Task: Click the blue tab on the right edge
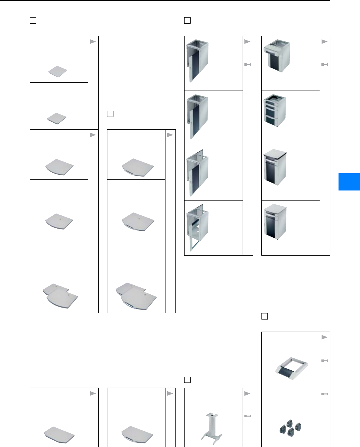coord(349,182)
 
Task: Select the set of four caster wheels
coord(290,427)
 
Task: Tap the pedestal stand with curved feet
coord(212,427)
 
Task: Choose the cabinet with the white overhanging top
coord(275,167)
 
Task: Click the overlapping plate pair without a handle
coord(60,295)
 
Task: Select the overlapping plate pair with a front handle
coord(136,296)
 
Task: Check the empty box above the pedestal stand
coord(187,380)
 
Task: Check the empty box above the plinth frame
coord(264,316)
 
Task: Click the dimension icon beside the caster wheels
coord(325,394)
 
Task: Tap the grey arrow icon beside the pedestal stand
coord(247,393)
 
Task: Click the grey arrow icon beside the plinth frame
coord(325,337)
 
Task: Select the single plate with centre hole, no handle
coord(59,221)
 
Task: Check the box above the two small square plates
coord(33,21)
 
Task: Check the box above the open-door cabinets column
coord(187,21)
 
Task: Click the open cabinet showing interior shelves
coord(197,227)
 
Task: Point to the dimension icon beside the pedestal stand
coord(247,416)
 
